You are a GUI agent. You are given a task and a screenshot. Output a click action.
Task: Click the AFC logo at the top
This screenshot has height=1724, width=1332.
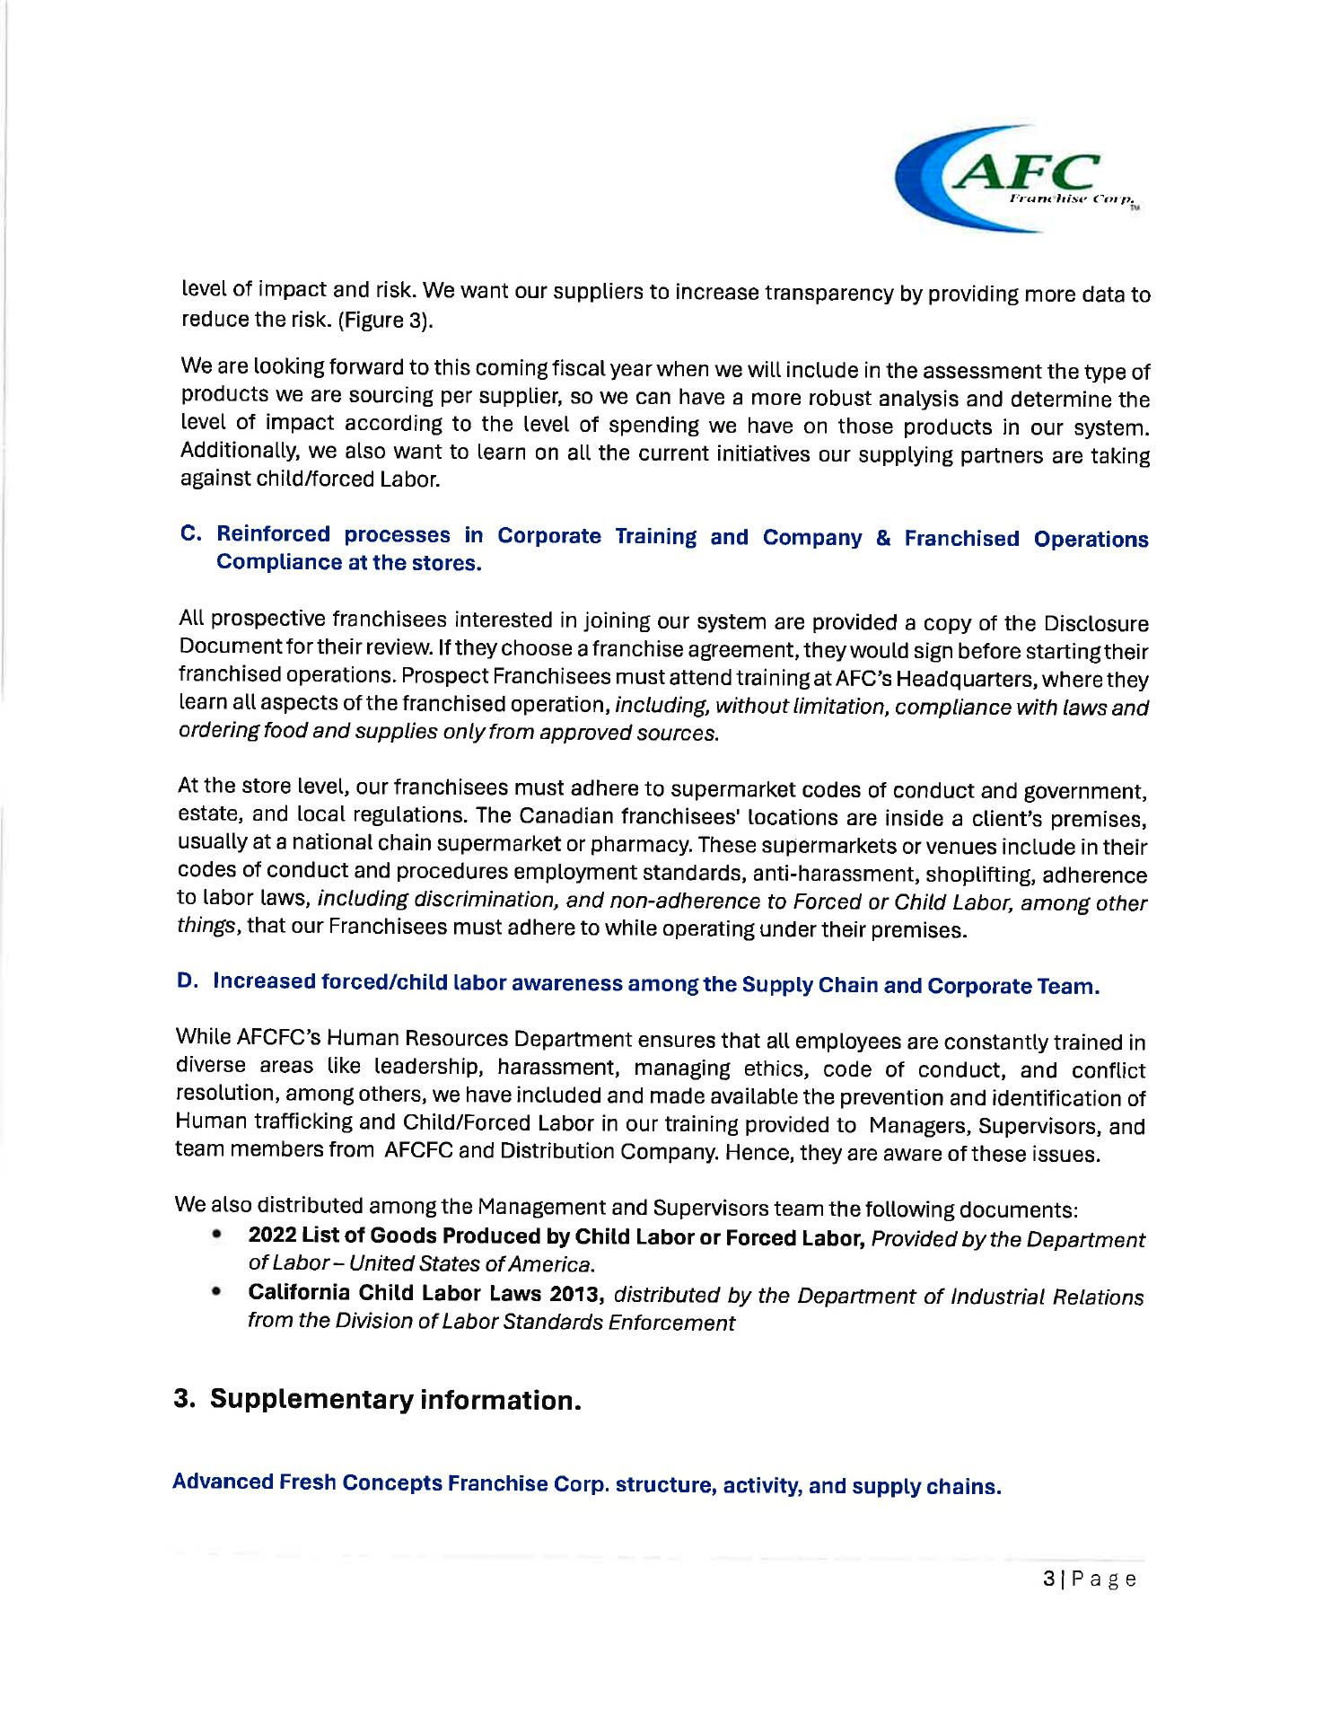[x=1020, y=178]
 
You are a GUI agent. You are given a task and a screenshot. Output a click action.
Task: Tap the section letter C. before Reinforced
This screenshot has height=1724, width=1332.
[x=190, y=532]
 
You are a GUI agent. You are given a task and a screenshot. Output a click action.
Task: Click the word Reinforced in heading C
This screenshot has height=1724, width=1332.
[x=273, y=533]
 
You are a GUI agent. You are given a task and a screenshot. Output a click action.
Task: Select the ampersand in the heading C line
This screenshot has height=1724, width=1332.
[x=883, y=538]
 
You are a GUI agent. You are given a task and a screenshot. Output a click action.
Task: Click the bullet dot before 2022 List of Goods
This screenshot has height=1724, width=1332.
[x=216, y=1236]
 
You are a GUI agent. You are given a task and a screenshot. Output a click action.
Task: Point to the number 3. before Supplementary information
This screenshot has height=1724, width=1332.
[x=185, y=1399]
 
